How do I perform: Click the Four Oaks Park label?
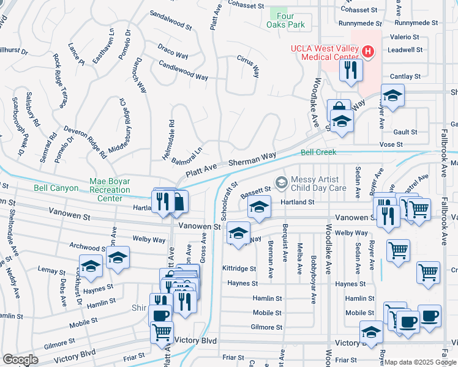pyautogui.click(x=285, y=20)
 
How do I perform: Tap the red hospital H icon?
pyautogui.click(x=367, y=51)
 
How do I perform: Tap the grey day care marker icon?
pyautogui.click(x=281, y=180)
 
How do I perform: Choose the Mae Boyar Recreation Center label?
pyautogui.click(x=110, y=189)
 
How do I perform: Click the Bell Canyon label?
pyautogui.click(x=56, y=188)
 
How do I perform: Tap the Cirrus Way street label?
pyautogui.click(x=248, y=64)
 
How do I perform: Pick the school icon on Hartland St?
pyautogui.click(x=259, y=209)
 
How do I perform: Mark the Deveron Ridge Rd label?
pyautogui.click(x=85, y=142)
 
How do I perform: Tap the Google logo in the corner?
pyautogui.click(x=20, y=360)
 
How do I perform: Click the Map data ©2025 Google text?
pyautogui.click(x=420, y=362)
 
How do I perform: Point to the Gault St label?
pyautogui.click(x=405, y=132)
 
